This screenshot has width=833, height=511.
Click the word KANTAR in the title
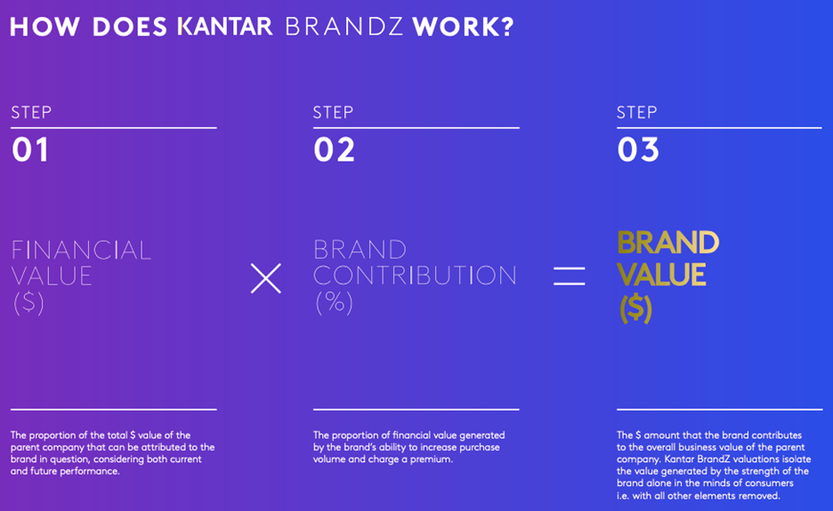pos(225,27)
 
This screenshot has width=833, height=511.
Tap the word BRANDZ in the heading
pos(344,27)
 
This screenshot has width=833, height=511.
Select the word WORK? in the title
pos(464,27)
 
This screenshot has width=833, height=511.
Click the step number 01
pos(30,149)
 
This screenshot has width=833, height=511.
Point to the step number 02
pos(334,149)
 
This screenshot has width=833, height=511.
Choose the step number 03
pos(638,149)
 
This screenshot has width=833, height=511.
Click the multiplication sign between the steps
pos(265,278)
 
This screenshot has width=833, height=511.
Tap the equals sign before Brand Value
pos(569,276)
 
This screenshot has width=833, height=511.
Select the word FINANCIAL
pos(81,251)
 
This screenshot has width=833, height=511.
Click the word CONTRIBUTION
pos(415,275)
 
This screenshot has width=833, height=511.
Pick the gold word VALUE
pos(662,275)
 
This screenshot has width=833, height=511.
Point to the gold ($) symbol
pos(635,309)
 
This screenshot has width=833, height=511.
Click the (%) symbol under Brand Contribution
pos(334,302)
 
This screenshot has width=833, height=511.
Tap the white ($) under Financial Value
pos(28,303)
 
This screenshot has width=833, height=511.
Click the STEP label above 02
pos(333,113)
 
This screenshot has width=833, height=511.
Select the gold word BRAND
pos(668,243)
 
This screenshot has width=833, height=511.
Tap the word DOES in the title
pos(130,27)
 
